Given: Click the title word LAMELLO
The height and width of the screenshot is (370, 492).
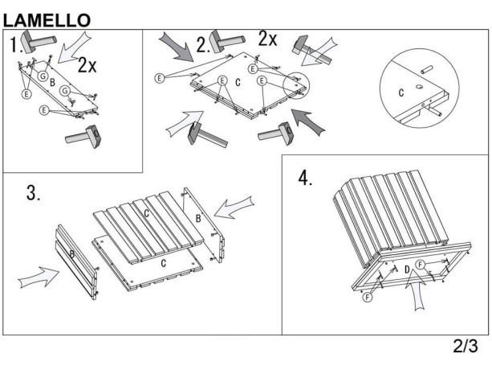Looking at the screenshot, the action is (47, 20).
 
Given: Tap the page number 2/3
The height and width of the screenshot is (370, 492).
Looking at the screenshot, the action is (466, 346).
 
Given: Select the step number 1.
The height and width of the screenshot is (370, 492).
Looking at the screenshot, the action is (14, 44).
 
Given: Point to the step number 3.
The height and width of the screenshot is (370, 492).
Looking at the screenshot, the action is (33, 193).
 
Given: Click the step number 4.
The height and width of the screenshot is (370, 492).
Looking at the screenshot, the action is (305, 178).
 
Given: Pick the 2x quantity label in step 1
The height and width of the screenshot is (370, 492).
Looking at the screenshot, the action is (87, 65).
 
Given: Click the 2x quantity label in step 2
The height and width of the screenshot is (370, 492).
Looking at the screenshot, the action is (267, 39).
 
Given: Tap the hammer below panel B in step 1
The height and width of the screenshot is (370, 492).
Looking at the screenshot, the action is (83, 135).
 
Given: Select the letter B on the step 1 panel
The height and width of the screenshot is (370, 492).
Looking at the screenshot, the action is (52, 82).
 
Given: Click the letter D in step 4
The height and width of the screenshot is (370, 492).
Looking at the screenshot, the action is (407, 269).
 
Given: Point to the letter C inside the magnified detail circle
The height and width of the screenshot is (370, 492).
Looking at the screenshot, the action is (401, 92).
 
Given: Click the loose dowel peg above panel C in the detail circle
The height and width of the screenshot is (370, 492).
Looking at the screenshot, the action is (427, 70).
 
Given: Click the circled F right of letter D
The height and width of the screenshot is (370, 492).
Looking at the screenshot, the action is (421, 265).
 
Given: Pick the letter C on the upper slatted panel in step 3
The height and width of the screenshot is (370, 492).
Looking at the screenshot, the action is (146, 213).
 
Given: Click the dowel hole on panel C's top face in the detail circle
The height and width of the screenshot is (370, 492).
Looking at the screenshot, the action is (419, 86).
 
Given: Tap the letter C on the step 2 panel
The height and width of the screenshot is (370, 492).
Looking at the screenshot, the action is (238, 82).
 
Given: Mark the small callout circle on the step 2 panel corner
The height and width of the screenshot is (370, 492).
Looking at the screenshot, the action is (296, 85).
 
